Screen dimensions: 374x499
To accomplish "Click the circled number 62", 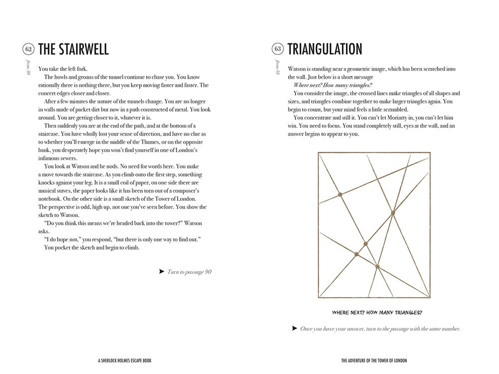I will click(x=27, y=49).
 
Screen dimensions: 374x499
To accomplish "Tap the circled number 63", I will click(x=278, y=49).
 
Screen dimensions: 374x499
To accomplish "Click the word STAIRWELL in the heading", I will click(x=82, y=49).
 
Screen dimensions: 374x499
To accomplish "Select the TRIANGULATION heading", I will click(x=325, y=49).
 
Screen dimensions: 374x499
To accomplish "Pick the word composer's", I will click(x=183, y=190).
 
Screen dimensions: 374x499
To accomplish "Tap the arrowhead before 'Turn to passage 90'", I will click(x=161, y=272).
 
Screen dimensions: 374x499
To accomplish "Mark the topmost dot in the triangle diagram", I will click(x=340, y=194).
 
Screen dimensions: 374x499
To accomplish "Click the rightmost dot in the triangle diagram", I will click(x=393, y=213).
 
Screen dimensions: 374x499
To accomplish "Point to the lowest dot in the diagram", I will click(x=377, y=267).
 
